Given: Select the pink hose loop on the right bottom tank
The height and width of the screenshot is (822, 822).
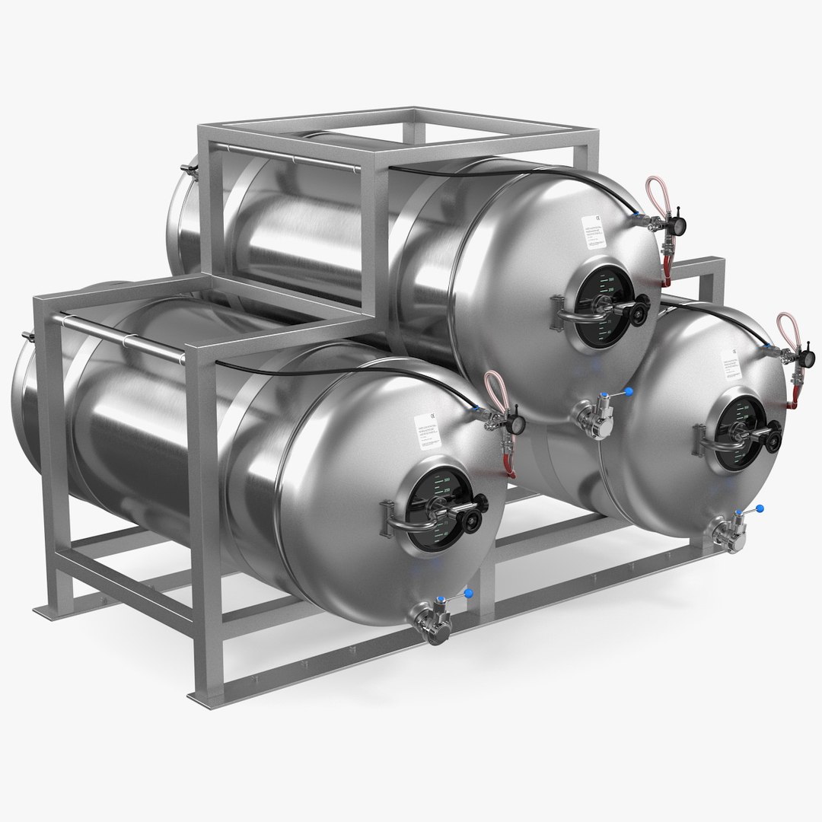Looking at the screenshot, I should click(785, 332).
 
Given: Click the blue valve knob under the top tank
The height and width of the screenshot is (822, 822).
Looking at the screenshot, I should click(629, 392).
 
